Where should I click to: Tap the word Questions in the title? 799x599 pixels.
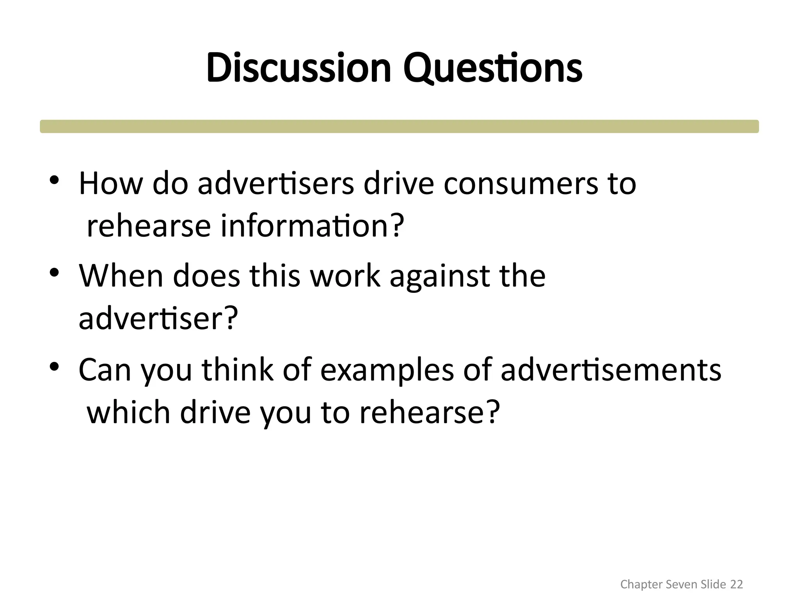pos(493,69)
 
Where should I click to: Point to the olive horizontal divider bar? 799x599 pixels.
pos(399,126)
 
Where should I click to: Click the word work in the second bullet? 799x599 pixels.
pos(345,276)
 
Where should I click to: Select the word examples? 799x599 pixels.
pos(387,370)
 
